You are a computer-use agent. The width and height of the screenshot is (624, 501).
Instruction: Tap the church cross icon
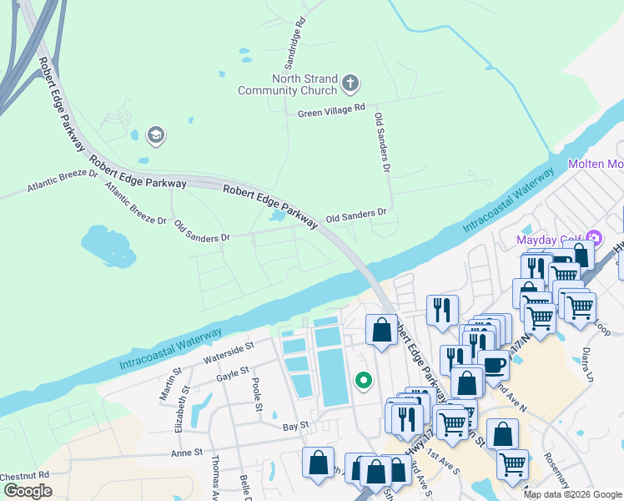tap(350, 83)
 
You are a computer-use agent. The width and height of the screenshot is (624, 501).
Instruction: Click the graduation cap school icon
tap(155, 134)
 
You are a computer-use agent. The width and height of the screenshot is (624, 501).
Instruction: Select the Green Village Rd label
tap(332, 109)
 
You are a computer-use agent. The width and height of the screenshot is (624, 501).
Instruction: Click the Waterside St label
tap(229, 348)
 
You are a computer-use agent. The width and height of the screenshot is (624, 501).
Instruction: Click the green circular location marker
tap(364, 381)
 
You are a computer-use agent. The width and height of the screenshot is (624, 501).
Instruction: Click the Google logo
tap(28, 491)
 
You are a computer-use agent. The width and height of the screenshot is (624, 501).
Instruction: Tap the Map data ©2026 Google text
tap(572, 494)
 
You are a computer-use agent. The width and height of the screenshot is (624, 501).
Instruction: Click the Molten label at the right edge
tap(596, 164)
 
